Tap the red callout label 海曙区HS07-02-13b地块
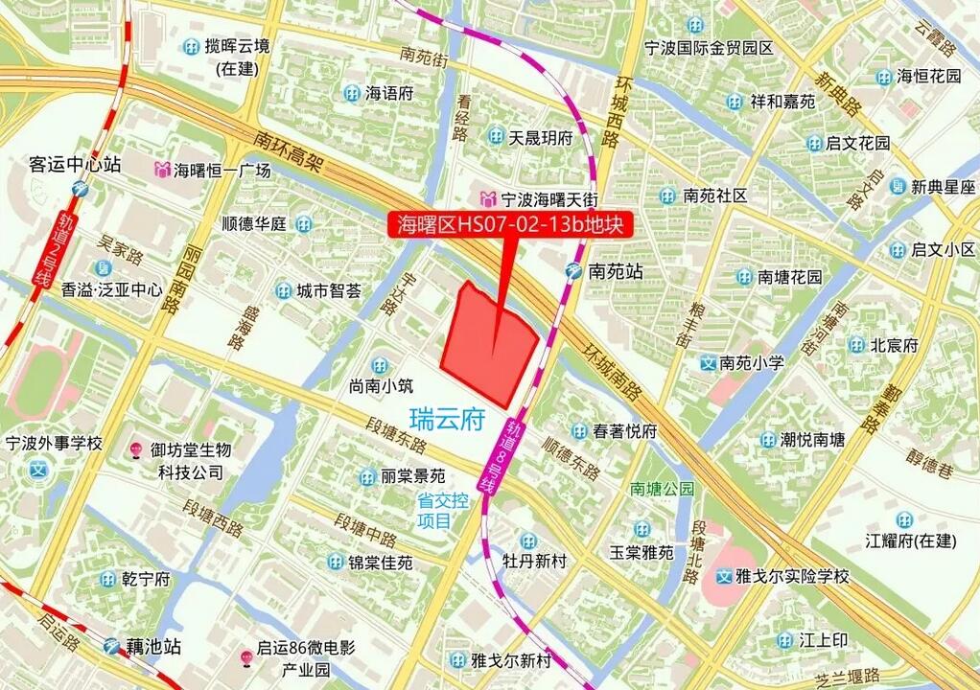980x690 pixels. click(x=509, y=224)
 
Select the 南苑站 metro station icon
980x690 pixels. click(x=573, y=271)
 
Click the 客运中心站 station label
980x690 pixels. click(x=75, y=164)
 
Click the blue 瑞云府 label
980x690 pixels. click(x=447, y=420)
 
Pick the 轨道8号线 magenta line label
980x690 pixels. click(x=503, y=456)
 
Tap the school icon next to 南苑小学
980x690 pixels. click(x=708, y=363)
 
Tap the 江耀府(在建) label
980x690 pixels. click(x=911, y=540)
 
